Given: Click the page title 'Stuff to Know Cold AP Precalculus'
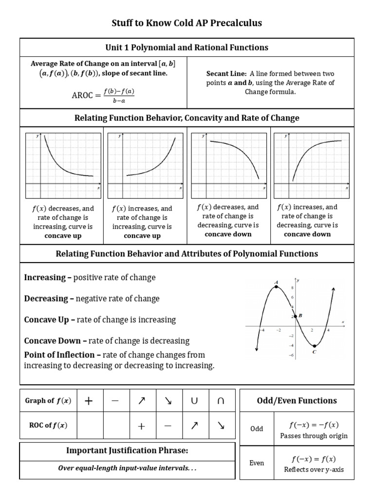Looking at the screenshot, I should [x=187, y=23].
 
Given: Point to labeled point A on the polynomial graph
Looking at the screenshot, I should [x=277, y=286].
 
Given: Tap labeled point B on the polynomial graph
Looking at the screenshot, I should [x=296, y=317].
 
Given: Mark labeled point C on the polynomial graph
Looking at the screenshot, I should [x=315, y=346].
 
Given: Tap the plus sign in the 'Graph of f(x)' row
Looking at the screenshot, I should [x=89, y=401].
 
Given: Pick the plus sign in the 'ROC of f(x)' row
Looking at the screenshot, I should [x=141, y=426].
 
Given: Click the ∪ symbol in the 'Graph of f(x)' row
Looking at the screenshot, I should [x=194, y=401].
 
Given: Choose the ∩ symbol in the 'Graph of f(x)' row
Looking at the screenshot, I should [x=220, y=401].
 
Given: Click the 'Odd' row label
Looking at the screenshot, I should [x=257, y=428].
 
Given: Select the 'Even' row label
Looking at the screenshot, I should [x=257, y=463].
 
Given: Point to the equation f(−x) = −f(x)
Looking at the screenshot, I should [x=314, y=425].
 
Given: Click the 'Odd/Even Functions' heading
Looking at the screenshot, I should [x=297, y=401].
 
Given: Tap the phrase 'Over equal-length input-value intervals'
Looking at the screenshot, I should [x=124, y=469].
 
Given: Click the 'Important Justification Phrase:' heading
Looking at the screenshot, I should [x=127, y=451].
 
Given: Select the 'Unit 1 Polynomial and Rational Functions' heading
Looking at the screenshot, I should [x=187, y=47].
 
